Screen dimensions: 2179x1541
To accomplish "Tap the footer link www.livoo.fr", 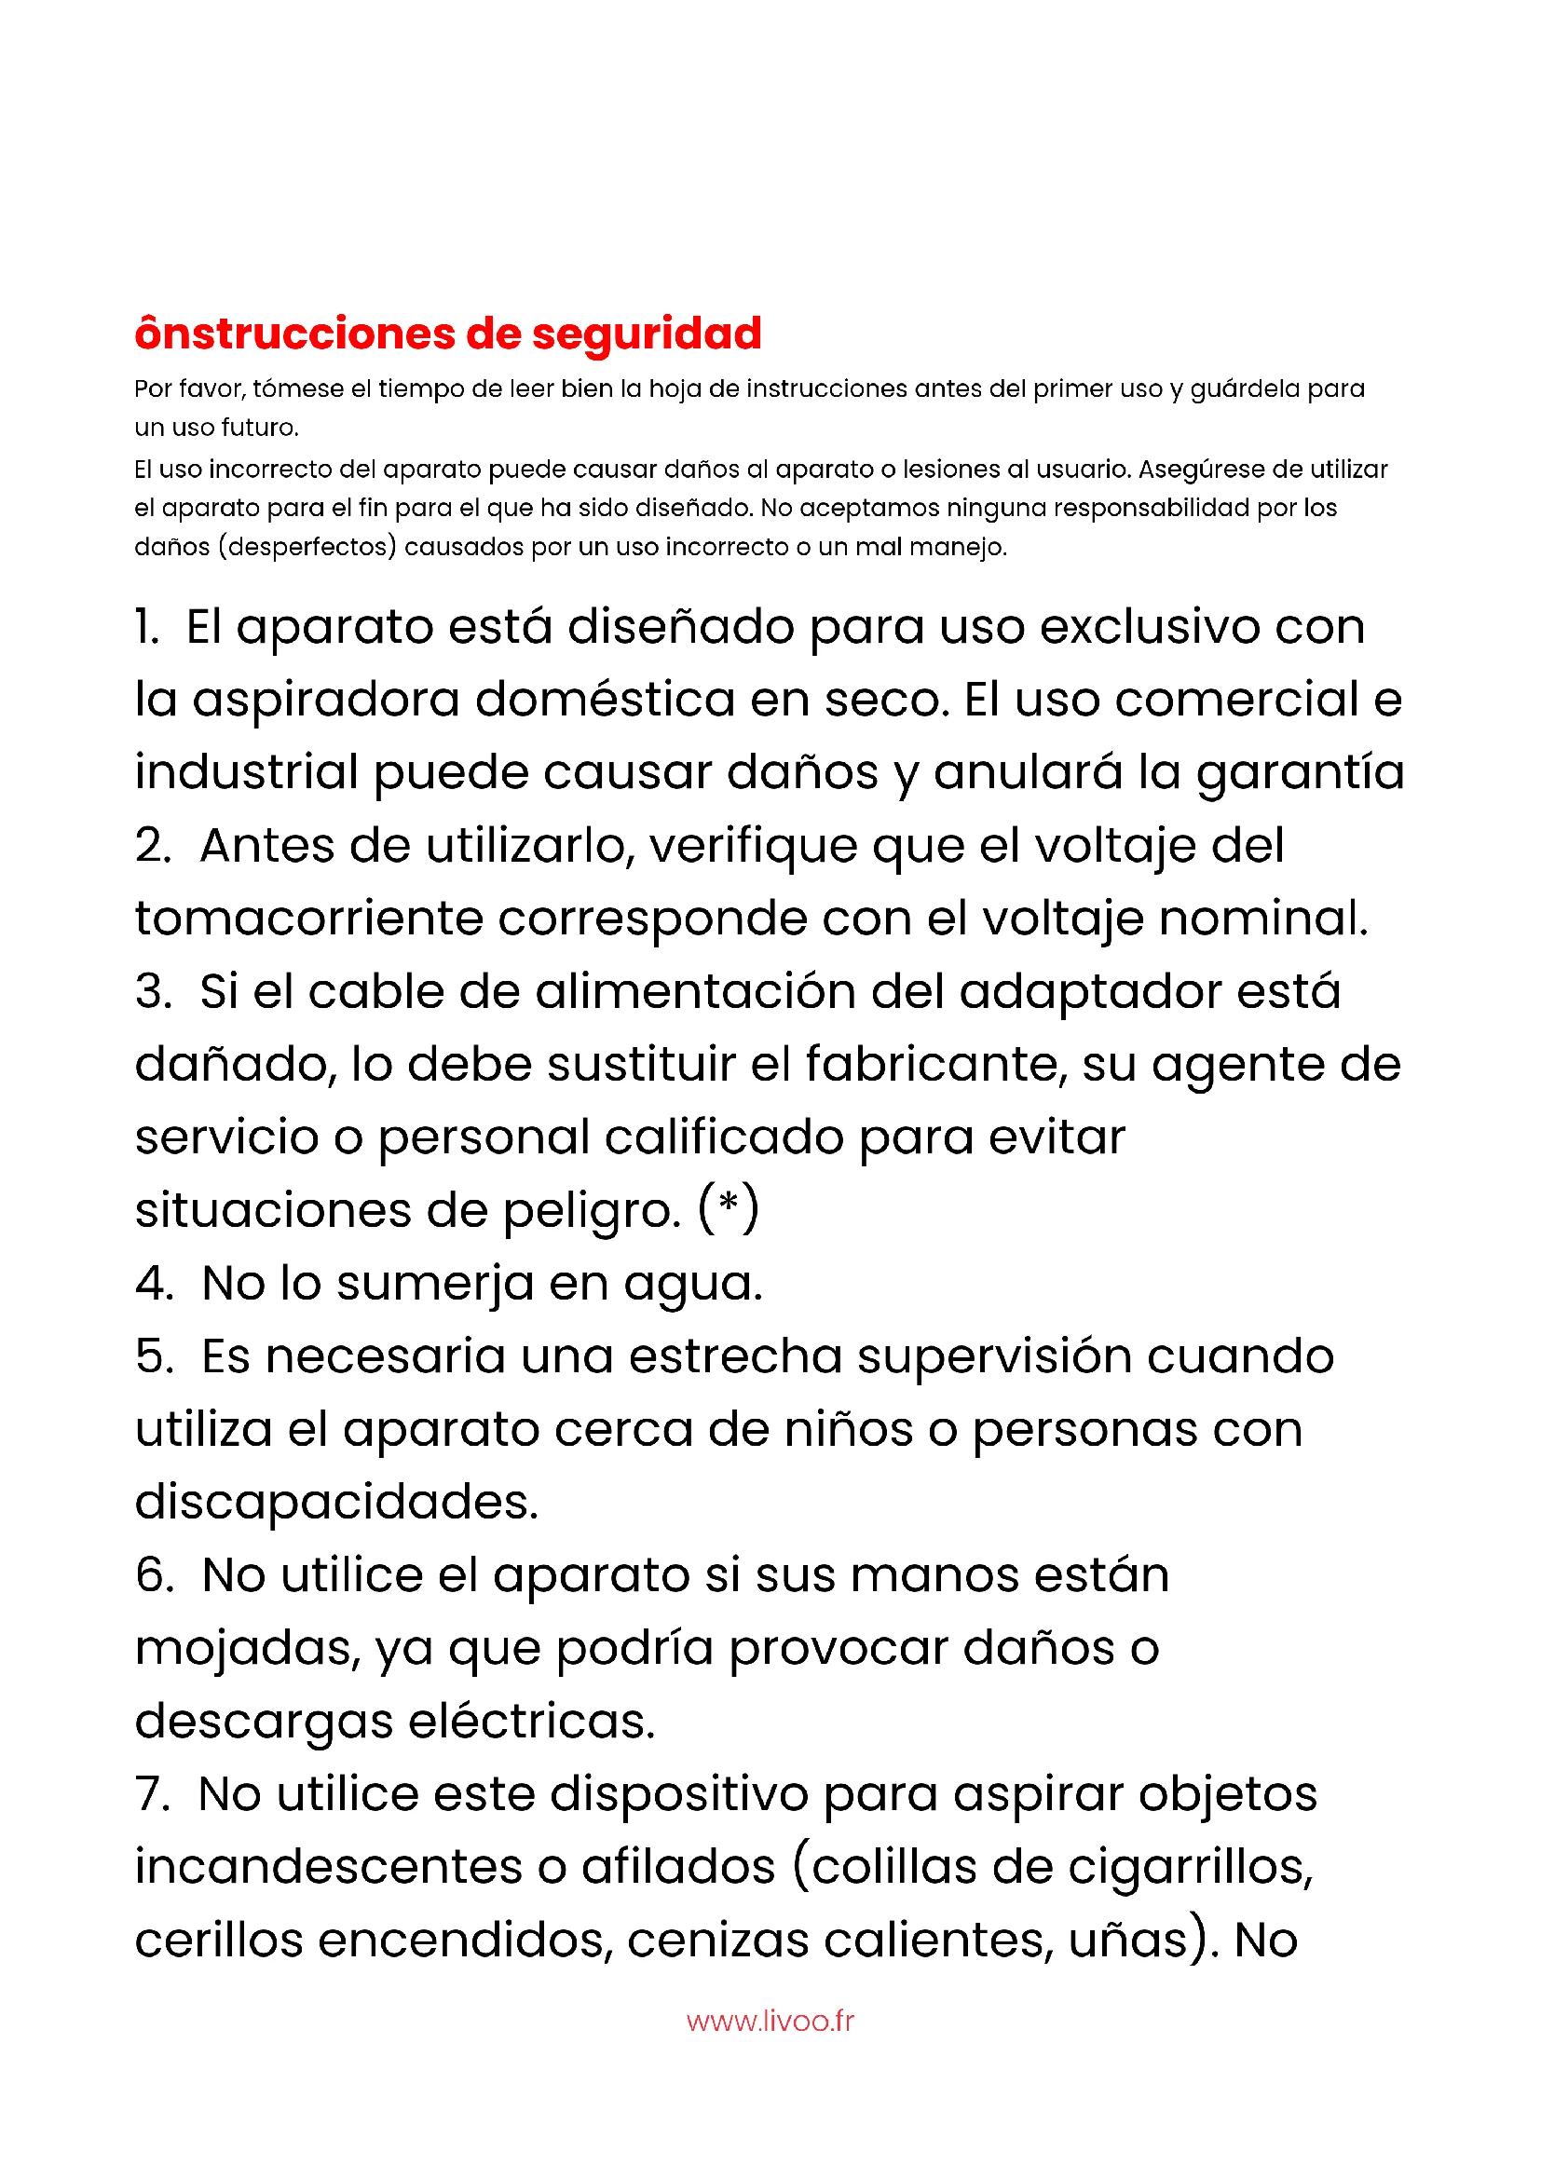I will (x=770, y=2021).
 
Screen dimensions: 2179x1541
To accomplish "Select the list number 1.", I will (x=146, y=627).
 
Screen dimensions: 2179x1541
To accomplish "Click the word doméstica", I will (x=605, y=701).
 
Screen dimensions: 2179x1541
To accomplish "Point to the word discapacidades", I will (x=336, y=1503).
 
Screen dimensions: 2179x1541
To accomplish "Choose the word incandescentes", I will (x=328, y=1867).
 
